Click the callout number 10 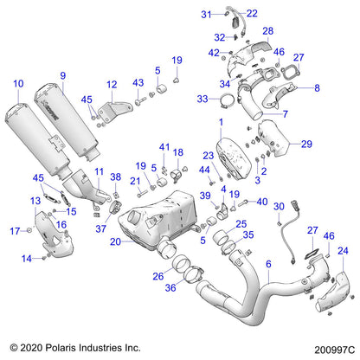click(18, 83)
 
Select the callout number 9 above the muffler click(62, 75)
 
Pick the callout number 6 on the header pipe click(268, 264)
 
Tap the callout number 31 click(206, 15)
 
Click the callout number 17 click(15, 231)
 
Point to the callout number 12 click(112, 84)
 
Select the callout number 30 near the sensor click(279, 208)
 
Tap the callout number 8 click(316, 87)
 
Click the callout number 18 click(179, 152)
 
